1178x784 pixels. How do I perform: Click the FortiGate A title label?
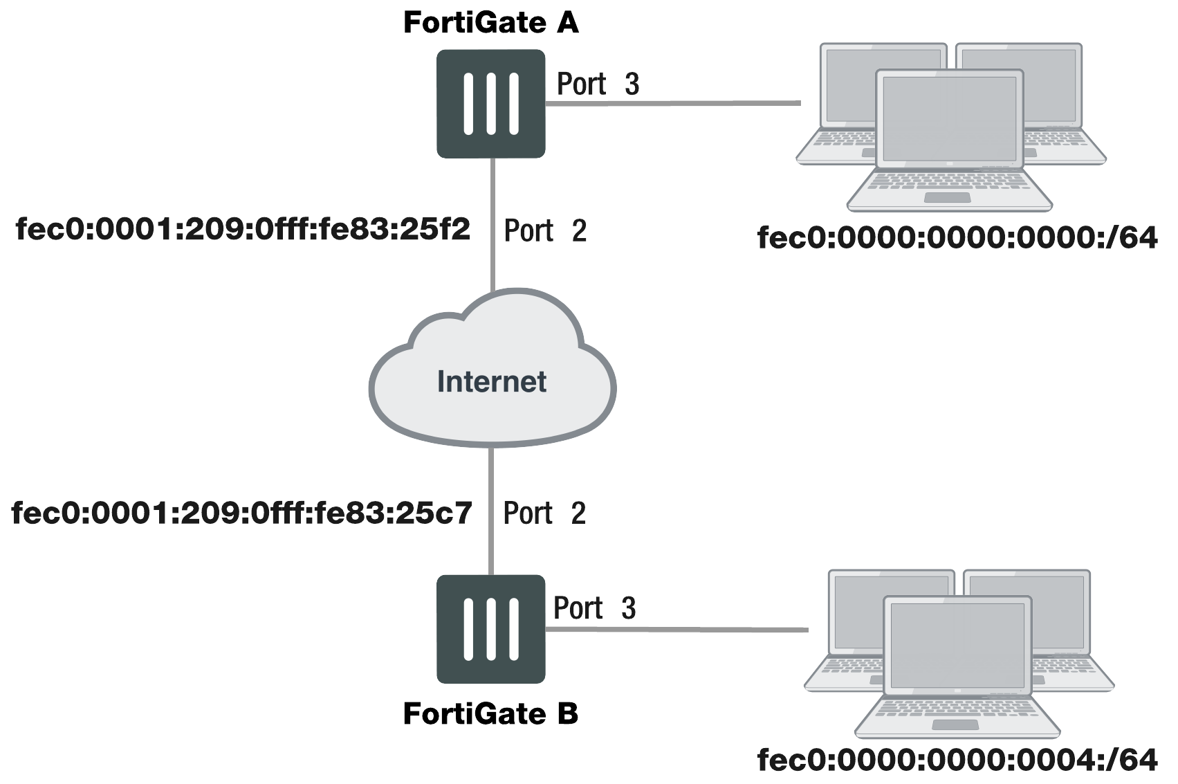(490, 23)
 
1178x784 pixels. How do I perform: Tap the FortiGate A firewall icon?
(490, 103)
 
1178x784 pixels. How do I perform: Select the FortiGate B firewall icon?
(490, 629)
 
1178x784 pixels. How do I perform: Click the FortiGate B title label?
(490, 713)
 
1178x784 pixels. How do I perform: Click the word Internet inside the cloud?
(492, 381)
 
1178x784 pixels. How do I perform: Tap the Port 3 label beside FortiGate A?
(598, 84)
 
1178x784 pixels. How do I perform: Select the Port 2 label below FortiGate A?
(545, 230)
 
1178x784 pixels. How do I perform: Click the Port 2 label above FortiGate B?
(544, 513)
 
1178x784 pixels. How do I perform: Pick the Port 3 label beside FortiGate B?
(594, 608)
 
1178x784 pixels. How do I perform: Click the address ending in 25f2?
(243, 228)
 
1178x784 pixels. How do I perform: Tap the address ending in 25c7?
(242, 513)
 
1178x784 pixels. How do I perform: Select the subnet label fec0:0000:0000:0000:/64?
(957, 238)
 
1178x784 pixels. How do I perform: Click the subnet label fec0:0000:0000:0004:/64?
(957, 760)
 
